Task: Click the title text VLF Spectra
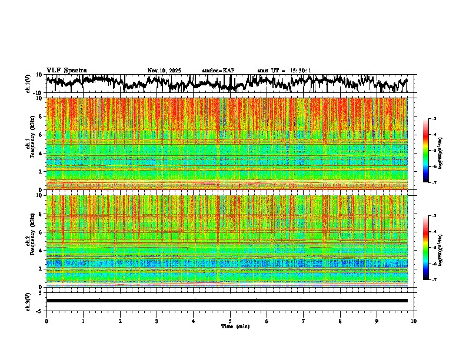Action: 66,71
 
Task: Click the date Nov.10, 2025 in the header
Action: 164,71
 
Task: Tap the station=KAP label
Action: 218,71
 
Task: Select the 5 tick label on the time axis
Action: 230,321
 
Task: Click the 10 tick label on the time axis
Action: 414,321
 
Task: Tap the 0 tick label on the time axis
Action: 46,321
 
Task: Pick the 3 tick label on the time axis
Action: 157,321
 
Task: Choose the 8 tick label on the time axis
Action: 340,321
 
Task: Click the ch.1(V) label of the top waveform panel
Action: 28,84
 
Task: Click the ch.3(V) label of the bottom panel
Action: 28,301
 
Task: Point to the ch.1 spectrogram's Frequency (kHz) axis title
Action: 33,144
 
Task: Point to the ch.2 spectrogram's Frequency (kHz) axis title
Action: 33,241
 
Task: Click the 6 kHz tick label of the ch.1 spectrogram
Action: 41,135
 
